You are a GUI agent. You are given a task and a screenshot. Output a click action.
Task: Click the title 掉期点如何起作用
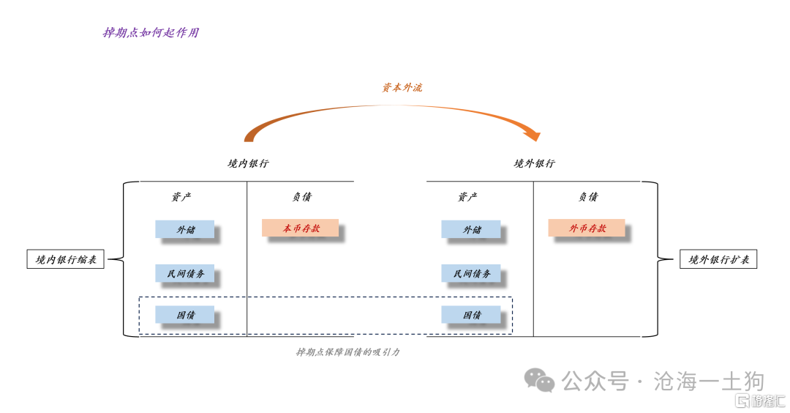pyautogui.click(x=151, y=33)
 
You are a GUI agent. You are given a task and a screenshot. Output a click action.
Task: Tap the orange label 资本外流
pyautogui.click(x=402, y=87)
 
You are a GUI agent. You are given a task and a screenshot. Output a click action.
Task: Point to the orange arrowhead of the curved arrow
pyautogui.click(x=533, y=135)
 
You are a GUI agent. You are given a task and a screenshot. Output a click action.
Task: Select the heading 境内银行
pyautogui.click(x=248, y=163)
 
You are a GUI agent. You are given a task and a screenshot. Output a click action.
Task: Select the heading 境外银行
pyautogui.click(x=534, y=163)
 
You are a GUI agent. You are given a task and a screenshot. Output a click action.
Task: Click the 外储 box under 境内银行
pyautogui.click(x=185, y=229)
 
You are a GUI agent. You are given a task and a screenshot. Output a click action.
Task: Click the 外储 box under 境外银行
pyautogui.click(x=471, y=229)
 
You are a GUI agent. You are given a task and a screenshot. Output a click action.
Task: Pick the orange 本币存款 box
pyautogui.click(x=301, y=228)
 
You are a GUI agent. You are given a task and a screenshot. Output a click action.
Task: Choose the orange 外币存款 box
pyautogui.click(x=587, y=228)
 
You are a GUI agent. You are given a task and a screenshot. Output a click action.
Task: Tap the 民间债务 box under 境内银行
pyautogui.click(x=185, y=273)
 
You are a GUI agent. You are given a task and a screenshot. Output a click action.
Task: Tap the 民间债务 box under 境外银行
pyautogui.click(x=471, y=273)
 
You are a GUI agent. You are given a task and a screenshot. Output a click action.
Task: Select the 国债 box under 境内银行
pyautogui.click(x=185, y=315)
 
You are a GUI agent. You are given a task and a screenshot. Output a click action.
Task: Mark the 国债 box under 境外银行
pyautogui.click(x=471, y=315)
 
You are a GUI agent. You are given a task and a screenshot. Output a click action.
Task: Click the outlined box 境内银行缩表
pyautogui.click(x=66, y=259)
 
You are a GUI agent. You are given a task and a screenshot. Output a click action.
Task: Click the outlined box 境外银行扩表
pyautogui.click(x=718, y=259)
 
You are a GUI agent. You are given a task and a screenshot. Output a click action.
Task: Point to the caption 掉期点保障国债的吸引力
pyautogui.click(x=347, y=352)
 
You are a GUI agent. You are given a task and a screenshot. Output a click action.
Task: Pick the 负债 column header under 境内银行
pyautogui.click(x=302, y=197)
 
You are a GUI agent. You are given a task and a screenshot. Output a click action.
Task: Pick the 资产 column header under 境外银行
pyautogui.click(x=467, y=197)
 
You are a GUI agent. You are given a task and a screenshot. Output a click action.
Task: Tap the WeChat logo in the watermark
pyautogui.click(x=539, y=380)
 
